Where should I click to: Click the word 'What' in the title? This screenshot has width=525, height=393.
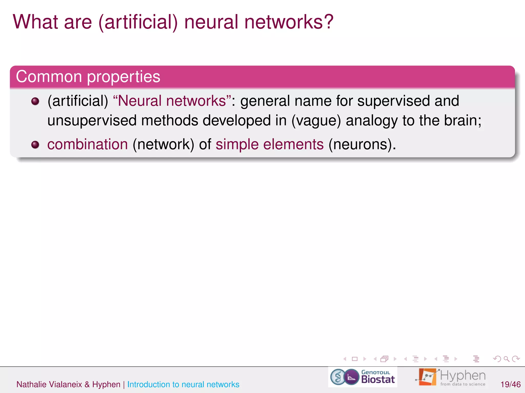36,22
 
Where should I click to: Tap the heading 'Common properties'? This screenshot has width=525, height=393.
88,77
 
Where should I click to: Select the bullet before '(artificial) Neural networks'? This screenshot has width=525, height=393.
35,101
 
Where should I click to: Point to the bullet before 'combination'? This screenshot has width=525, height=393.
35,145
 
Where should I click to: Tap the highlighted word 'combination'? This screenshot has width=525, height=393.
87,144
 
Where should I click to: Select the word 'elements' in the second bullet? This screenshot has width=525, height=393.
293,144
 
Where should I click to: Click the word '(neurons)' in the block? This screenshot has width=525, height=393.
362,145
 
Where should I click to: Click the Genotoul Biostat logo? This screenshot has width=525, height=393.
362,377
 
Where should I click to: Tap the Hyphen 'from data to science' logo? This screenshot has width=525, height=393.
451,377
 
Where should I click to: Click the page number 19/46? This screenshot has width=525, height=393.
510,384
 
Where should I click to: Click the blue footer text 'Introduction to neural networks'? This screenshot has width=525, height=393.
183,384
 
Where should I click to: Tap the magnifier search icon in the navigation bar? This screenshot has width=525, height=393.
506,359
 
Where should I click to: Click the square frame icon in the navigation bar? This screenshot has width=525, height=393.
355,359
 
